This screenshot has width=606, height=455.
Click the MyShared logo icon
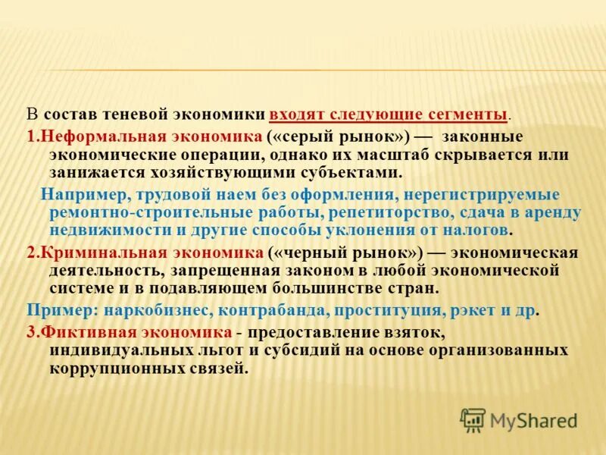click(x=473, y=419)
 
